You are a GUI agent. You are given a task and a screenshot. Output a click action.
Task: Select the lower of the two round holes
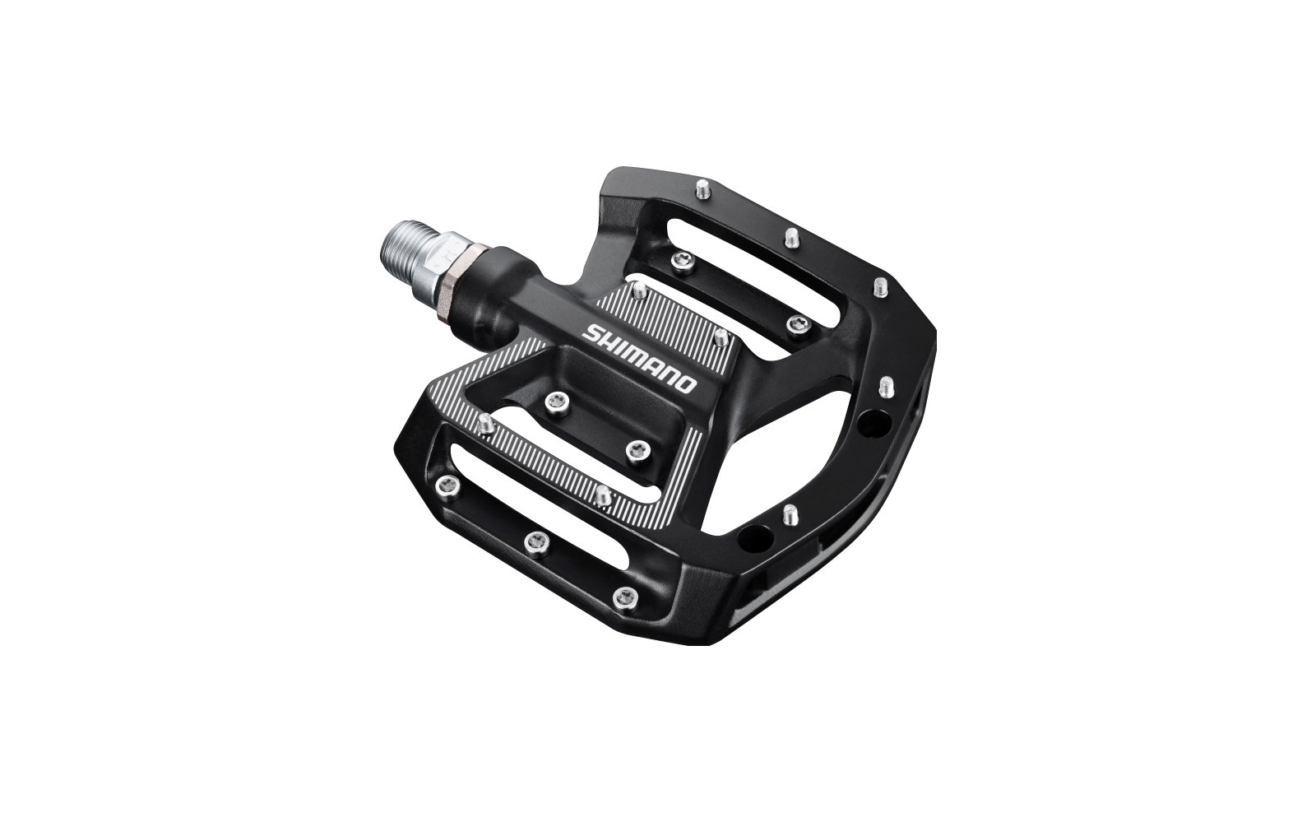pyautogui.click(x=749, y=538)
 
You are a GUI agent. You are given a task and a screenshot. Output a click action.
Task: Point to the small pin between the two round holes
pyautogui.click(x=789, y=514)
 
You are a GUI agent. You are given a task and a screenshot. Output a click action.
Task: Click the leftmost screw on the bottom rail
pyautogui.click(x=447, y=483)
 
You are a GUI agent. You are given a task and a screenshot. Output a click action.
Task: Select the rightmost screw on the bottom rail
pyautogui.click(x=625, y=595)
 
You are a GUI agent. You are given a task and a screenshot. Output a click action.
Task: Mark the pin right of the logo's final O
pyautogui.click(x=720, y=337)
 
